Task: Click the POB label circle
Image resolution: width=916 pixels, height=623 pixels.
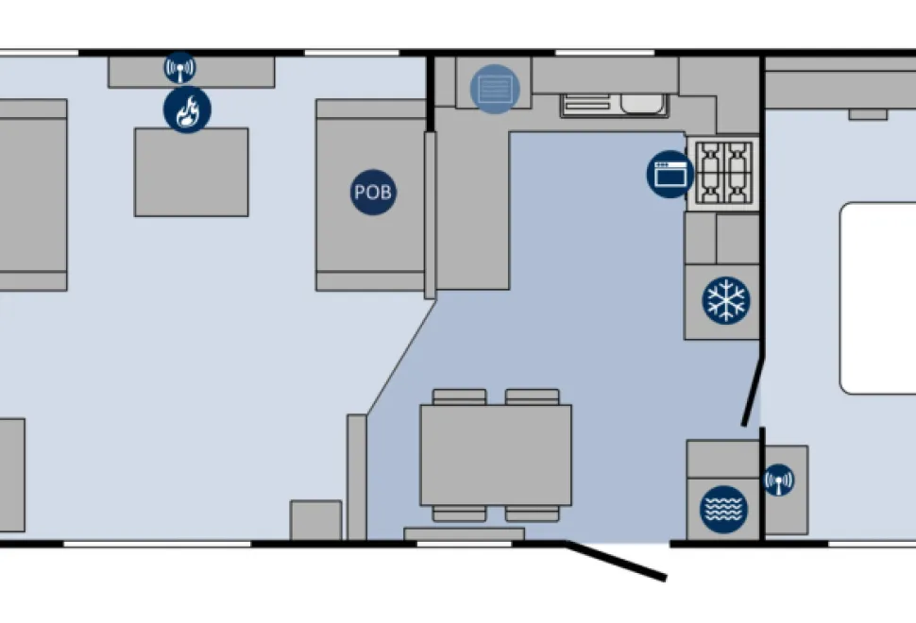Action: (x=373, y=193)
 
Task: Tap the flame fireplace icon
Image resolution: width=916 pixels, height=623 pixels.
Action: (x=187, y=109)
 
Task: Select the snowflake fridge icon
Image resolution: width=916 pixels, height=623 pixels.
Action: (x=725, y=300)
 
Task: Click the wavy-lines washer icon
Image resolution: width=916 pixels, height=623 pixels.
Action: (x=723, y=509)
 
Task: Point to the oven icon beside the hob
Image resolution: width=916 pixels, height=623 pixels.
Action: (x=670, y=174)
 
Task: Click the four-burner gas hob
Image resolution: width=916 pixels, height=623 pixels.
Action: (x=723, y=174)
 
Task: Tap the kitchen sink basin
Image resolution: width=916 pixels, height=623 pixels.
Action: (x=642, y=104)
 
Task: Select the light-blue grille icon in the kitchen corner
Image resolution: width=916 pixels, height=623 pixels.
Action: (x=495, y=89)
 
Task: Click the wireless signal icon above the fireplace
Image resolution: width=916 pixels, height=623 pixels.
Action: (x=180, y=68)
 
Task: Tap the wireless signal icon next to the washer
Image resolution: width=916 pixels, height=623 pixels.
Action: (x=779, y=480)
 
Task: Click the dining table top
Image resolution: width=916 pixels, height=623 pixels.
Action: (x=496, y=455)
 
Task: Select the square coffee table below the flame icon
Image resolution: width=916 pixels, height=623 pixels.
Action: (x=192, y=172)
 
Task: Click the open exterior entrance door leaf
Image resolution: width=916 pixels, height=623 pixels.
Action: (x=616, y=561)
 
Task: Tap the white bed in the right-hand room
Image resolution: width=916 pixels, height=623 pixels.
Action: (x=878, y=297)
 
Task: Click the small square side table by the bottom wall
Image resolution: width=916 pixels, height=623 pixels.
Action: (x=316, y=520)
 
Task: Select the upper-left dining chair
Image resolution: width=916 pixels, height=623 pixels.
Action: (x=459, y=397)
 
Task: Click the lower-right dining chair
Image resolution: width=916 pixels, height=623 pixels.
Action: (x=533, y=514)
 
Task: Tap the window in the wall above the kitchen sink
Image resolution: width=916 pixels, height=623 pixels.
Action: (x=604, y=53)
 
